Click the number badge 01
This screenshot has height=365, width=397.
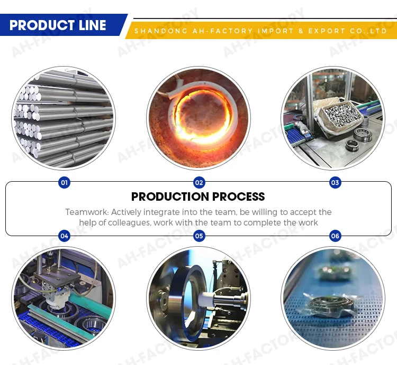(x=64, y=183)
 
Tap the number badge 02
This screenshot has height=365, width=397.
(x=199, y=183)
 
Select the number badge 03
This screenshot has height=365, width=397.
(x=335, y=183)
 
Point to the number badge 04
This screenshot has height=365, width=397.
(x=64, y=236)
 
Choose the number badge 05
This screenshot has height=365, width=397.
(x=199, y=236)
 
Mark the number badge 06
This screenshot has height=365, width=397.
(x=335, y=236)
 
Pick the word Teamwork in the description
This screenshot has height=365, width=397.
(x=87, y=212)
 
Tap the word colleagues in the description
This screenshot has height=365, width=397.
(x=129, y=222)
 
